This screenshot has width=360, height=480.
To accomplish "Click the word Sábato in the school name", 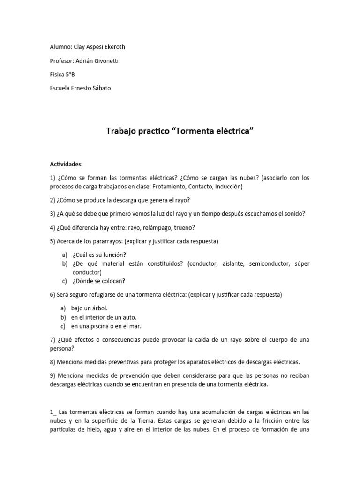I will click(101, 88).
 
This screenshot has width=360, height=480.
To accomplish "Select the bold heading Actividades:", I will click(66, 164).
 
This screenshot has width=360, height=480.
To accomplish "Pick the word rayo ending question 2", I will click(181, 200).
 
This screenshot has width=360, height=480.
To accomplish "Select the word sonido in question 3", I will click(293, 214).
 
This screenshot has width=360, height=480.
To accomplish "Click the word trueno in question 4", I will click(184, 228).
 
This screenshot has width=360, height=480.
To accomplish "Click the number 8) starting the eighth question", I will click(52, 362).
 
